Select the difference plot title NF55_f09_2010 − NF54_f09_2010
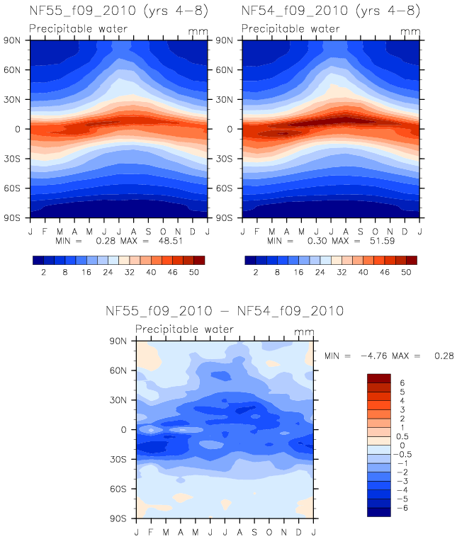point(224,311)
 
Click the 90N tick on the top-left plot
point(16,40)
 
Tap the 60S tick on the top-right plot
point(229,188)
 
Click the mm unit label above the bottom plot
point(303,331)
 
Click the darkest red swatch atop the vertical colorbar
point(378,378)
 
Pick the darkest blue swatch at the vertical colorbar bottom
point(378,512)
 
